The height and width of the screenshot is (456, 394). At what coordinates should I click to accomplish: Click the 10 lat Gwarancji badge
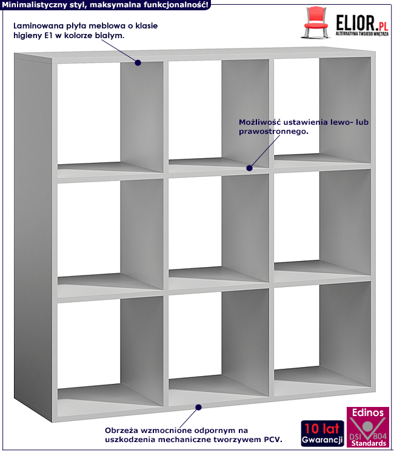point(322,433)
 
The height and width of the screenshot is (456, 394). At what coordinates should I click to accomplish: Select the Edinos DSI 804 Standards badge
point(368,427)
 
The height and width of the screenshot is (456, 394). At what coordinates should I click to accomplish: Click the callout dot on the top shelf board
point(138,62)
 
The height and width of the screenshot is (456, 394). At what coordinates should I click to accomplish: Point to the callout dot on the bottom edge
point(198,408)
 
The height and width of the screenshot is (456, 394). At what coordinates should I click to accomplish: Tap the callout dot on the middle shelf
point(249,168)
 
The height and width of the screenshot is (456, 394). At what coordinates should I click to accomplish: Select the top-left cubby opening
point(110,117)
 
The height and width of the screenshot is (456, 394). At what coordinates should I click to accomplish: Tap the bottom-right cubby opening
point(322,334)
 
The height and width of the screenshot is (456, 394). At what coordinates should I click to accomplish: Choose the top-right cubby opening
point(322,110)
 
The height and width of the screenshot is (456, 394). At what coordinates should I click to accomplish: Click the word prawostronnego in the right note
point(273,131)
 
